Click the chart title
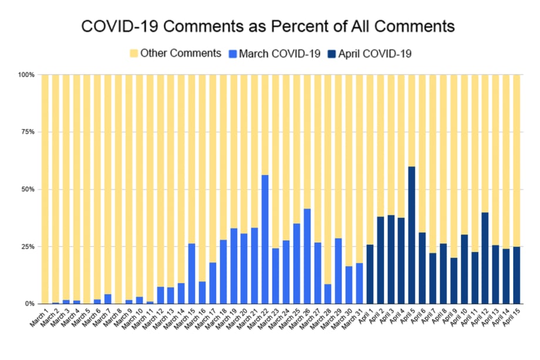(x=268, y=27)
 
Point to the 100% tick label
(x=26, y=75)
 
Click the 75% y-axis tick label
(x=28, y=132)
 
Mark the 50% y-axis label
(x=28, y=190)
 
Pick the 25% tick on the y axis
(x=28, y=247)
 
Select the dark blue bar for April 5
(x=412, y=235)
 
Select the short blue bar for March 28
(x=328, y=294)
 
